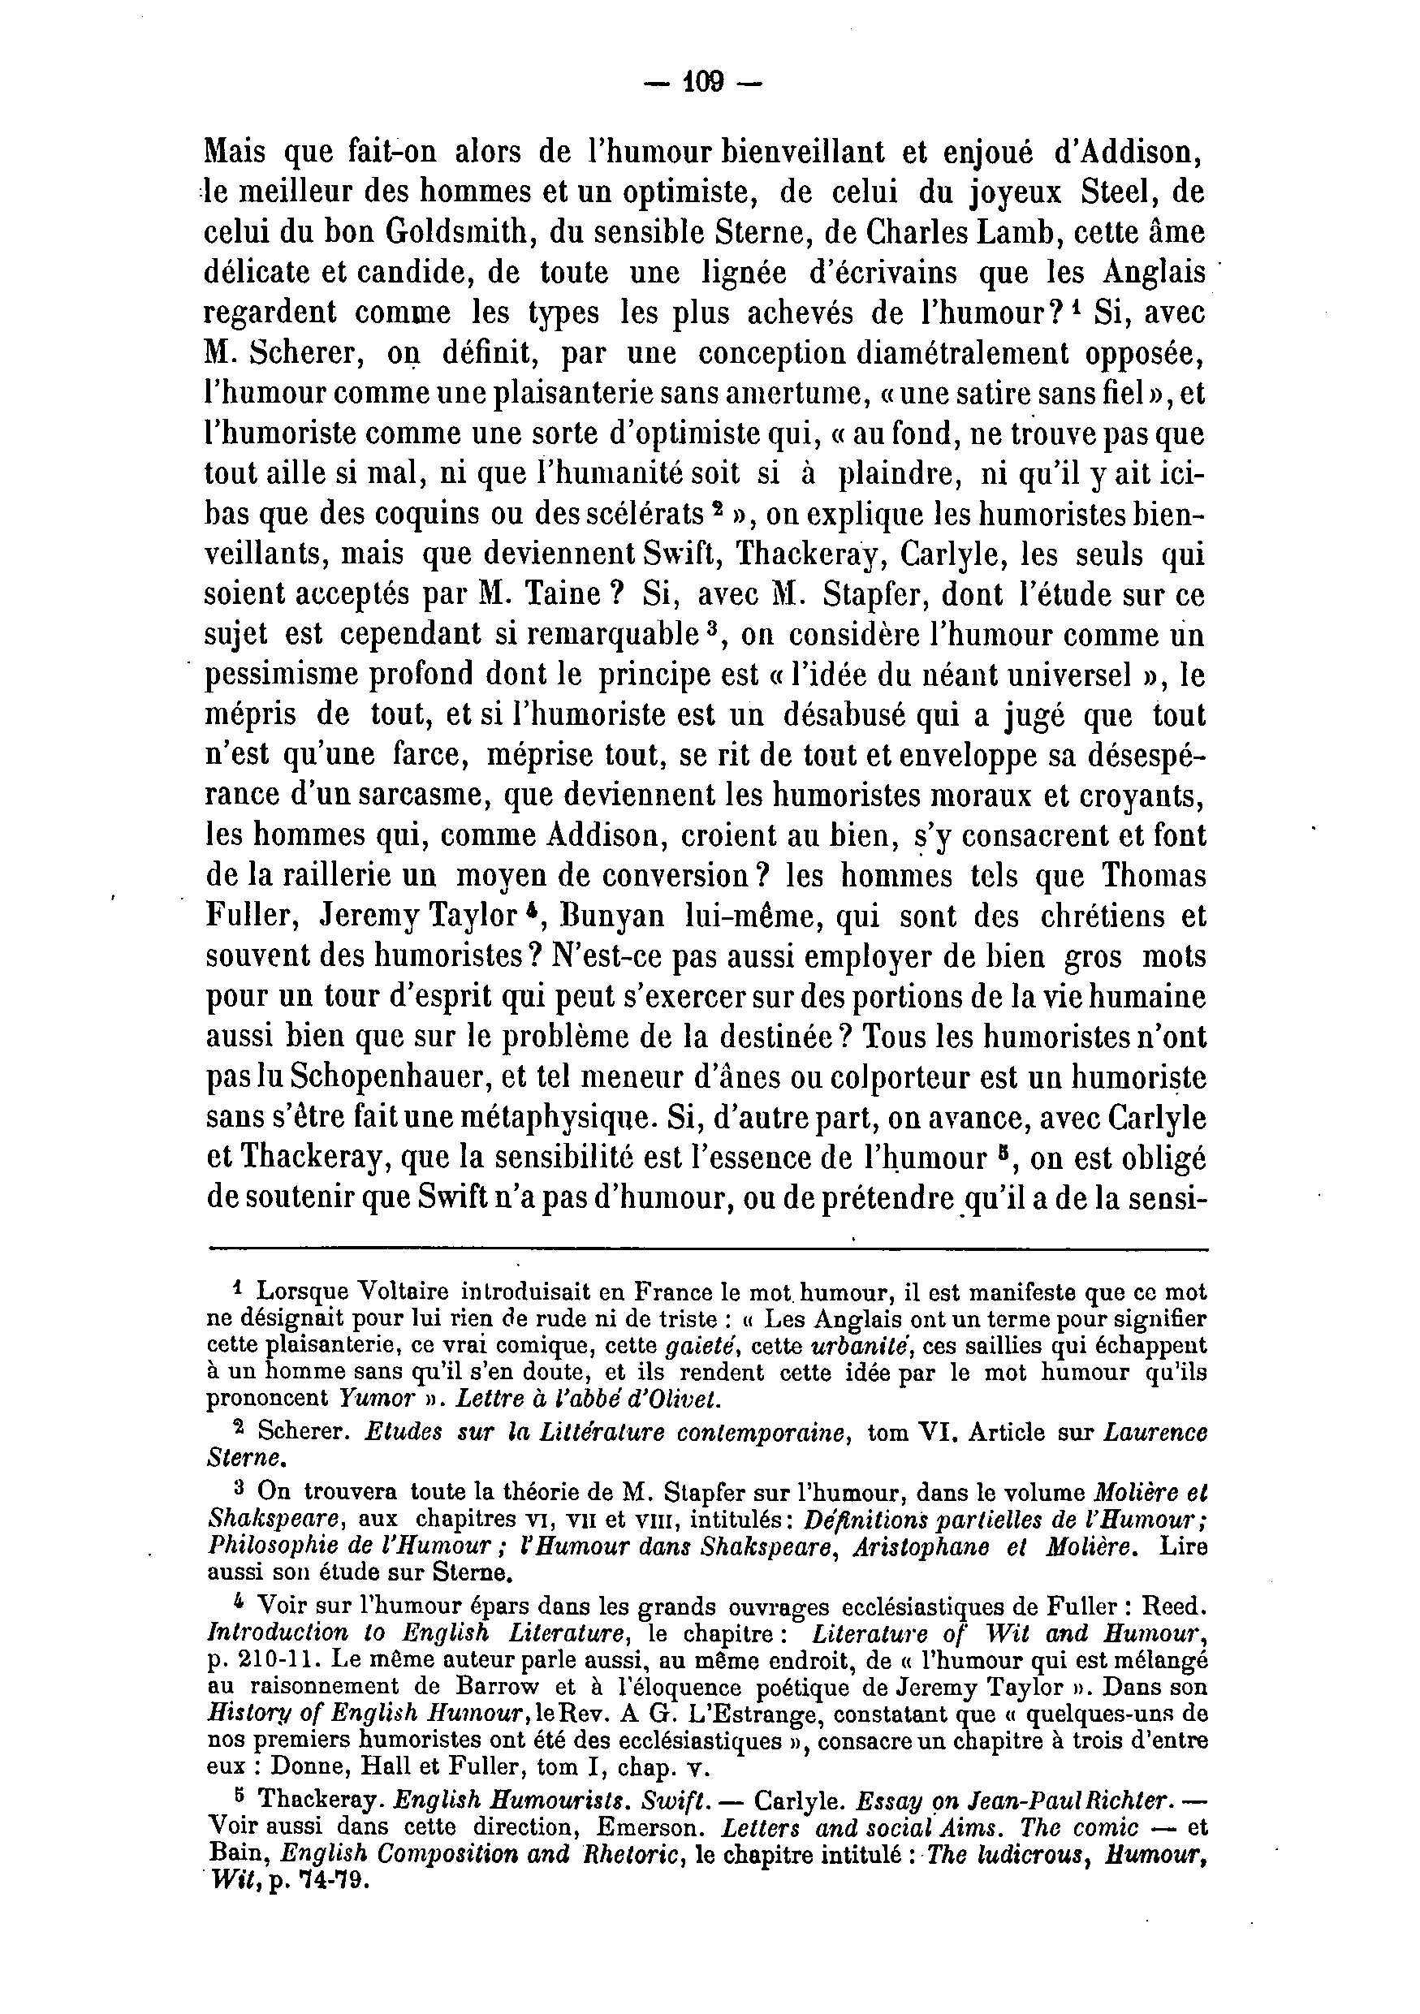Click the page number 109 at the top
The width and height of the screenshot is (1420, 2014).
click(x=701, y=84)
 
